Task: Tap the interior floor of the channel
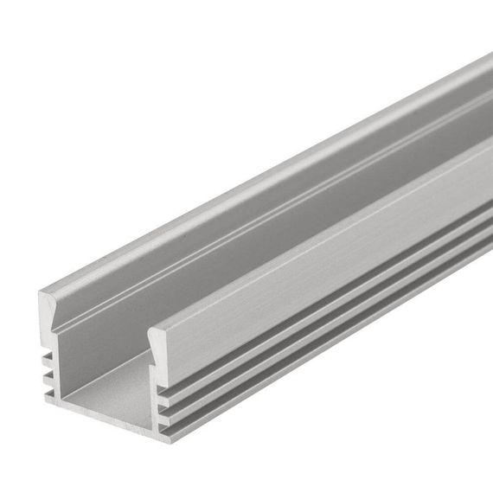click(x=112, y=381)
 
